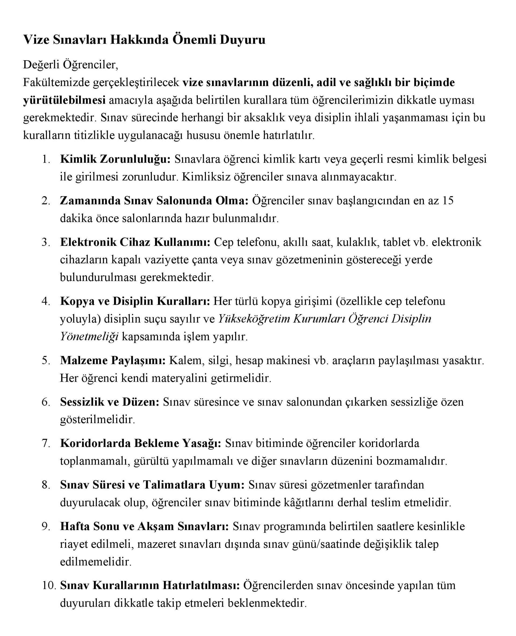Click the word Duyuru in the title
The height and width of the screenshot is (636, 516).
(242, 40)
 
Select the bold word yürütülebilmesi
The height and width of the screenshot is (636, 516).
(64, 100)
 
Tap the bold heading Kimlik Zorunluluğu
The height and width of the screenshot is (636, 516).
(115, 159)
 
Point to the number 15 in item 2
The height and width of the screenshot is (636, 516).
(448, 201)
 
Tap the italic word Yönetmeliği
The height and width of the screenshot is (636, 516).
(89, 337)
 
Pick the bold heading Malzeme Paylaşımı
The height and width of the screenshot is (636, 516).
(113, 361)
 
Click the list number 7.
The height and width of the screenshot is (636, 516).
(46, 443)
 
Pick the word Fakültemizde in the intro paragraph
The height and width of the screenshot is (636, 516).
(56, 82)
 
